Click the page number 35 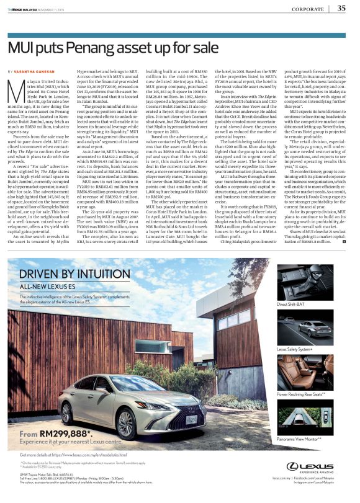click(x=341, y=8)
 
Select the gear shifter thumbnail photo click(x=313, y=282)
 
